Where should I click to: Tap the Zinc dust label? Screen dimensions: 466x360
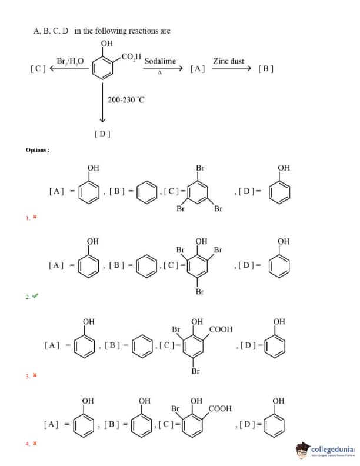click(228, 61)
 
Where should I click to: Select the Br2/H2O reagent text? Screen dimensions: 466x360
click(70, 61)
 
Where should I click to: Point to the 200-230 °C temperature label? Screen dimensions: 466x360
click(126, 99)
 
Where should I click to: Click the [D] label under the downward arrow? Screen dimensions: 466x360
click(102, 134)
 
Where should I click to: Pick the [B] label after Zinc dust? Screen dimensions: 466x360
click(266, 69)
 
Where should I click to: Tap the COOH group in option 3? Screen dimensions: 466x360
click(221, 329)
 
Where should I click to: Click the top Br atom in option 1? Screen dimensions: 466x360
click(200, 168)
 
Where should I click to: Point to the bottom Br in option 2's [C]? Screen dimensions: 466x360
click(199, 291)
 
